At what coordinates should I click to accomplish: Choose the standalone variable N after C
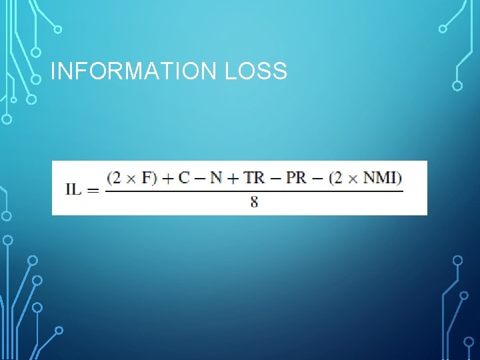pyautogui.click(x=215, y=178)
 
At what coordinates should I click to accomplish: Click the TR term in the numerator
pyautogui.click(x=253, y=178)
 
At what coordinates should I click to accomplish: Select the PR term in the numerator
pyautogui.click(x=297, y=178)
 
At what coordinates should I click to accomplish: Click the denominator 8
pyautogui.click(x=254, y=203)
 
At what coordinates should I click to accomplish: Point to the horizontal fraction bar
pyautogui.click(x=254, y=191)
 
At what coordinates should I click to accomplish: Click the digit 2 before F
pyautogui.click(x=117, y=178)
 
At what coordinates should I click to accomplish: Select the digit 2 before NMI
pyautogui.click(x=337, y=178)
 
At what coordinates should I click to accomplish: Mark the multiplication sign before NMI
pyautogui.click(x=353, y=178)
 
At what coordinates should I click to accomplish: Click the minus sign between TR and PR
pyautogui.click(x=276, y=178)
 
